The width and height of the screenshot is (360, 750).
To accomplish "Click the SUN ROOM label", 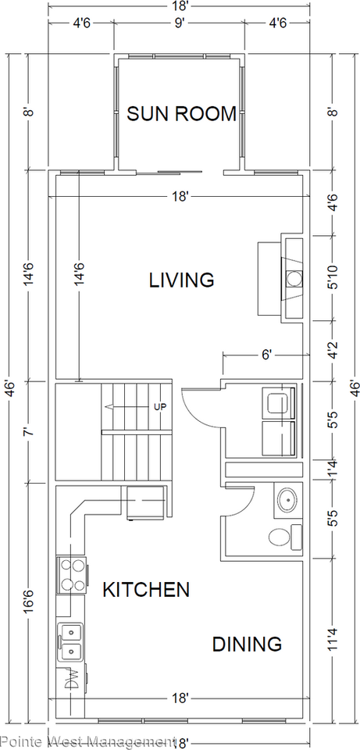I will [x=181, y=114].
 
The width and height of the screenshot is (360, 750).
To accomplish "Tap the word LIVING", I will [x=182, y=280].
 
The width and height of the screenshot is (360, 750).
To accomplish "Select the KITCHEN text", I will [x=146, y=589].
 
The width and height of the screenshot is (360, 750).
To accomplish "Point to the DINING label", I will [x=247, y=644].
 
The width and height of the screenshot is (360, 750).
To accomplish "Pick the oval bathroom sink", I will [x=286, y=499].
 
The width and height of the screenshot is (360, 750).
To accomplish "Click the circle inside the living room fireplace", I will [x=295, y=278].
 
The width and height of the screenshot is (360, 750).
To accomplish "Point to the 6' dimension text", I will [x=266, y=355].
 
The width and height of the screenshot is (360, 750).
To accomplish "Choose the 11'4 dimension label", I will [x=334, y=645].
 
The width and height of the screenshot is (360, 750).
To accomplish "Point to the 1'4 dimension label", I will [x=334, y=470].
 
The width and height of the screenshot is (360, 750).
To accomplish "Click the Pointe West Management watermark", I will [x=87, y=741].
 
